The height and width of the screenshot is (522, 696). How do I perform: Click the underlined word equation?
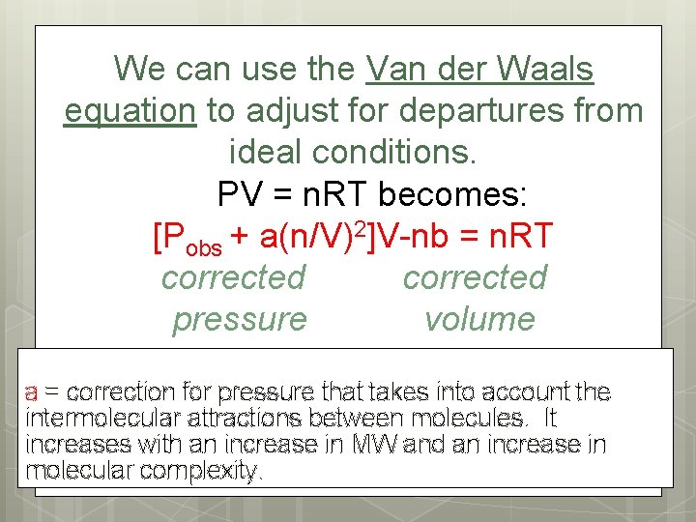click(x=130, y=111)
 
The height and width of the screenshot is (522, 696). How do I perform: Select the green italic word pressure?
click(x=239, y=319)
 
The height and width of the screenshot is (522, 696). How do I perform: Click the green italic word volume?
click(x=478, y=319)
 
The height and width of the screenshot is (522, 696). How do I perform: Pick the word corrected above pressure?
click(x=233, y=277)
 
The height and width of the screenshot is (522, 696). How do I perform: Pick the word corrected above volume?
click(x=475, y=277)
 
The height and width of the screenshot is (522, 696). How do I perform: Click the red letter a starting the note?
click(x=31, y=392)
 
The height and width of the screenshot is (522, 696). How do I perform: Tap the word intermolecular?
click(x=95, y=419)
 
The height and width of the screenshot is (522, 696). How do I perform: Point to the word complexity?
click(x=204, y=471)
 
